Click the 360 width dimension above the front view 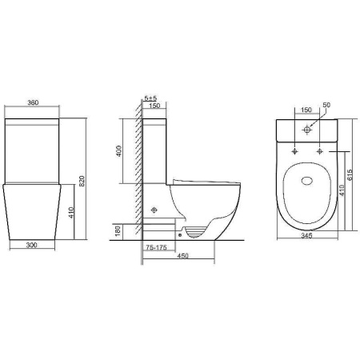click(x=33, y=102)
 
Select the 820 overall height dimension click(x=82, y=181)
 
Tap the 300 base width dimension click(x=31, y=245)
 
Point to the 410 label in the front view click(x=71, y=213)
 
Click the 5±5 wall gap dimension click(x=150, y=98)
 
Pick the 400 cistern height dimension click(x=119, y=151)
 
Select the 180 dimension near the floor click(x=118, y=231)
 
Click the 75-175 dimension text click(x=156, y=247)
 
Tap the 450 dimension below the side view click(x=183, y=256)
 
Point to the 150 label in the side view click(x=154, y=106)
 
